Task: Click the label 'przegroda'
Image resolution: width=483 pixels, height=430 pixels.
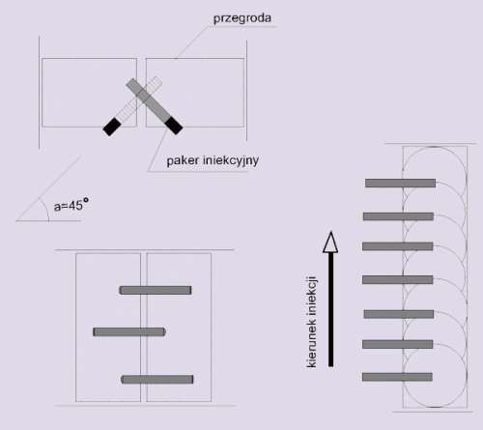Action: [242, 18]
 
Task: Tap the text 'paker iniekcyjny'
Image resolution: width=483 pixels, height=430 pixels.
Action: [213, 160]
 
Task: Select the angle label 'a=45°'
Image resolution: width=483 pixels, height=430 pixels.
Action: [71, 205]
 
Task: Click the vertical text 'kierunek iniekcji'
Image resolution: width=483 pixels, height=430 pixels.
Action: [312, 322]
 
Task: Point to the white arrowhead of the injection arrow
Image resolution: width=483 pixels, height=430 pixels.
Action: [330, 242]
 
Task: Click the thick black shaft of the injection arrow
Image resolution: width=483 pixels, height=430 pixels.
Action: [330, 309]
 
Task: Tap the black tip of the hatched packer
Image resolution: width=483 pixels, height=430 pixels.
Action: [112, 127]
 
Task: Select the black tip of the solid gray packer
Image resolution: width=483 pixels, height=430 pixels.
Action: [174, 126]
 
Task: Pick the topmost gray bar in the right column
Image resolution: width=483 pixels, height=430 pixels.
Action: [400, 183]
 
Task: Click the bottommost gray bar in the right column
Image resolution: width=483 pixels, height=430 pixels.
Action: [397, 377]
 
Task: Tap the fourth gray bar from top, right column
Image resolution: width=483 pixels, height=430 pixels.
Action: [398, 279]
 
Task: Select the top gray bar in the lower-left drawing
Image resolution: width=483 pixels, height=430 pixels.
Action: [156, 290]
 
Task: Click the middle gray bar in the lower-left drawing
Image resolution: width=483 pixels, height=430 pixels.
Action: [129, 331]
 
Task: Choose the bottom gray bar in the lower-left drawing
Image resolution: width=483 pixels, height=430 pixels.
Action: [157, 380]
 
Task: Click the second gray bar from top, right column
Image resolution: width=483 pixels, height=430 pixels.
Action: [398, 216]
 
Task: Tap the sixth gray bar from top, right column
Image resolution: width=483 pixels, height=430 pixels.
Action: [398, 344]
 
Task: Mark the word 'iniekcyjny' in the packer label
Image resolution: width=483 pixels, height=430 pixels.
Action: [231, 160]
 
